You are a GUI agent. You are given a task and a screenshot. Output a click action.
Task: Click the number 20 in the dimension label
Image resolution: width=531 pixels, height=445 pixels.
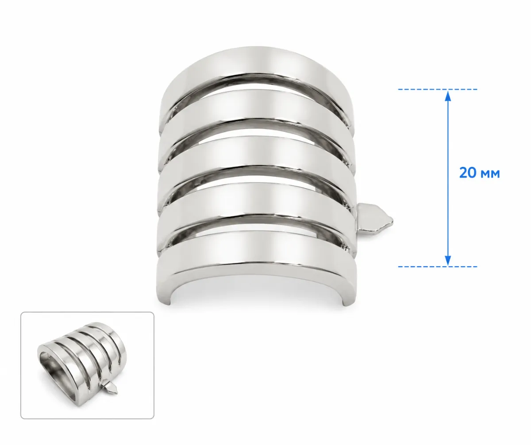pyautogui.click(x=468, y=173)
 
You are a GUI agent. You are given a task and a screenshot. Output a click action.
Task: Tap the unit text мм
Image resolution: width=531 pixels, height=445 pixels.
pyautogui.click(x=490, y=174)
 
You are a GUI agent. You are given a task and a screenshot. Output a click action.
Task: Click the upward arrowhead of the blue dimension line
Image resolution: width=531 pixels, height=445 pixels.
pyautogui.click(x=448, y=96)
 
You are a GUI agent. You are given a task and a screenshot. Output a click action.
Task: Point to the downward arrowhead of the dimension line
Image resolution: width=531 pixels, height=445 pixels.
pyautogui.click(x=448, y=261)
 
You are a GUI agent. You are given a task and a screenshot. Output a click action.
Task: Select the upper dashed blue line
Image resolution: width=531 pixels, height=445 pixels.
pyautogui.click(x=438, y=89)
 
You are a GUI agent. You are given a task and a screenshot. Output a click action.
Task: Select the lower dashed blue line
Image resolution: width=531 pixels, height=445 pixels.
pyautogui.click(x=438, y=267)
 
